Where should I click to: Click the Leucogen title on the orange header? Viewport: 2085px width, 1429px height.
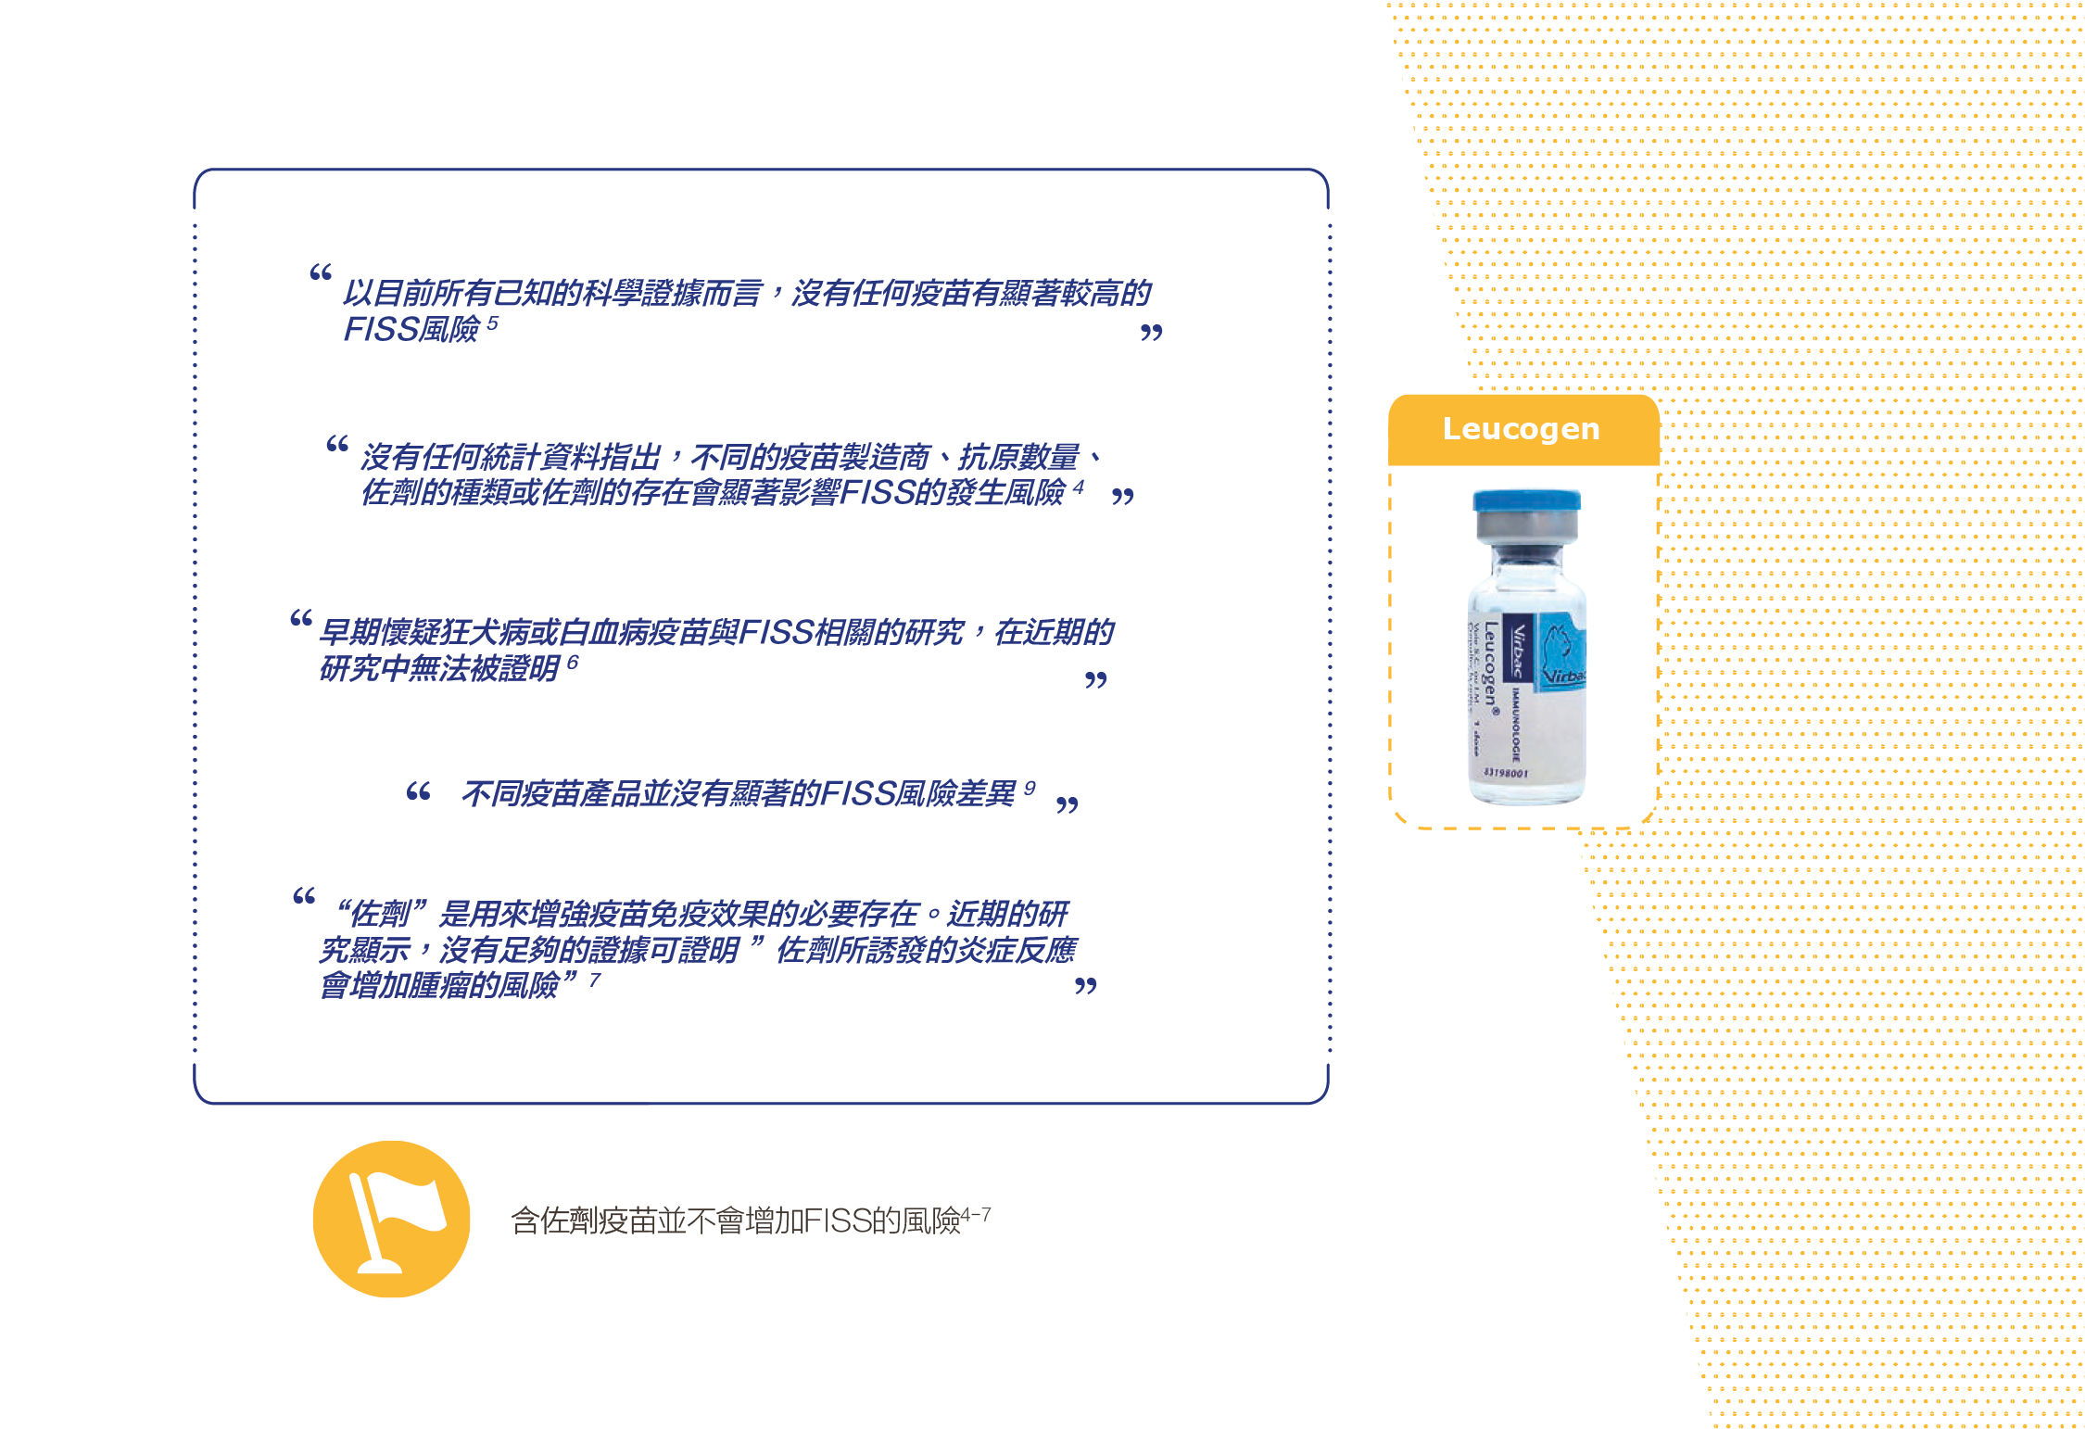1521,429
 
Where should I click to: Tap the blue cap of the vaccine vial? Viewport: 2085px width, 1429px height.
1526,501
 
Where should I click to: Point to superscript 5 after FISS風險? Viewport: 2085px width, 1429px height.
492,323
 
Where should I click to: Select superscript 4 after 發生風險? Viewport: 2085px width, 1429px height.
1078,487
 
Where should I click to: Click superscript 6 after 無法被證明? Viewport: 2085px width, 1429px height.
573,663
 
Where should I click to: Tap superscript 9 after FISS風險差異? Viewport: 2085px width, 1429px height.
1029,788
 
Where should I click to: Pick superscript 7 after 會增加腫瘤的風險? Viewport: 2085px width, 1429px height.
595,980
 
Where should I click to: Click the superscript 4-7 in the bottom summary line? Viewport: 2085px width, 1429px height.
976,1214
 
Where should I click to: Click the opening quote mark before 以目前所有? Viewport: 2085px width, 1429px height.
321,272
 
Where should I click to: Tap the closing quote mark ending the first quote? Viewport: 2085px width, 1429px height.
1151,333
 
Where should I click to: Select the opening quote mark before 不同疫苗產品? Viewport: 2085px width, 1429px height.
418,792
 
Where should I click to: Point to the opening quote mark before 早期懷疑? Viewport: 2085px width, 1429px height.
300,618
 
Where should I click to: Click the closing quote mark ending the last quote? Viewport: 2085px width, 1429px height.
1085,986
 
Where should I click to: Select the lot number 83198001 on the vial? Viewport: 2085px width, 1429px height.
1505,772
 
